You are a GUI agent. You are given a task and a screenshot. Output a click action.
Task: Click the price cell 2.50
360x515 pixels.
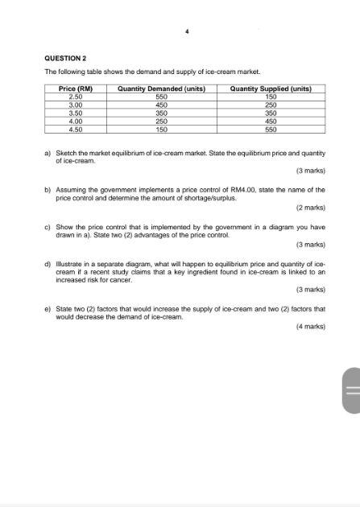(x=77, y=96)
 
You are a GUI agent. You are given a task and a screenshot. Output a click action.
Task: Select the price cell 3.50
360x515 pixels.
(x=77, y=113)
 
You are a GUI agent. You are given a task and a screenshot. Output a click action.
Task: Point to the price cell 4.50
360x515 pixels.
(x=77, y=129)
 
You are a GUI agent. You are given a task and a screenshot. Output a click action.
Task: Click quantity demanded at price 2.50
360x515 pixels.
(x=161, y=96)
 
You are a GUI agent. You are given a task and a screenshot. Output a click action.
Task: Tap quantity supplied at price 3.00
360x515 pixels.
(x=271, y=105)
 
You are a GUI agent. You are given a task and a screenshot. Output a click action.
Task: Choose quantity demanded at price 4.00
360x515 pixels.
(x=161, y=121)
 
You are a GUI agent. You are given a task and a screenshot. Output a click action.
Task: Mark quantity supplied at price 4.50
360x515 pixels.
(x=271, y=129)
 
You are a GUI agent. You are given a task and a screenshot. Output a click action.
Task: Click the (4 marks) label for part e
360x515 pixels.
(x=310, y=327)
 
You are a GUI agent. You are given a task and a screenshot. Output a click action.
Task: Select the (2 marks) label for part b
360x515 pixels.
(x=310, y=207)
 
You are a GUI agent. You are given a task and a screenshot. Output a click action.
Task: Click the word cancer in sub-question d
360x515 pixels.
(x=97, y=280)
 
